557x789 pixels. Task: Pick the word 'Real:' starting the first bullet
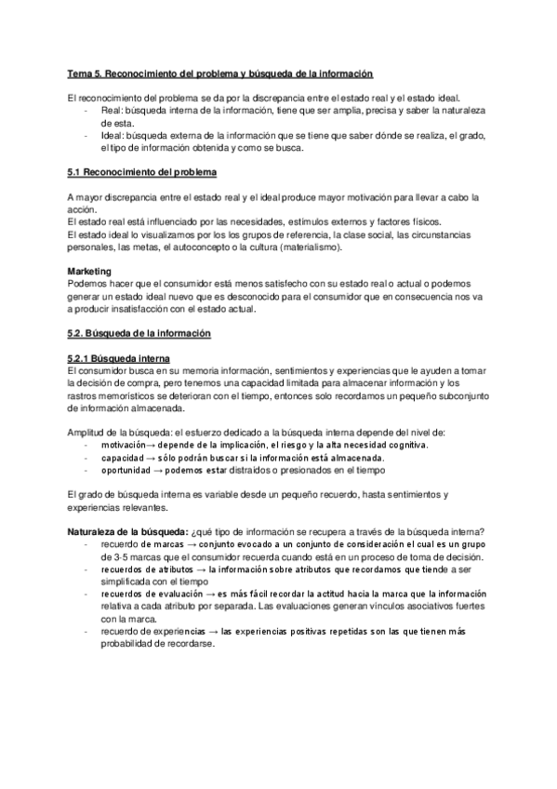(x=110, y=110)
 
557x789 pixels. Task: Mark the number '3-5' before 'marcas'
(x=110, y=557)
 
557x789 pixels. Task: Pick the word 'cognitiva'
(x=404, y=445)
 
